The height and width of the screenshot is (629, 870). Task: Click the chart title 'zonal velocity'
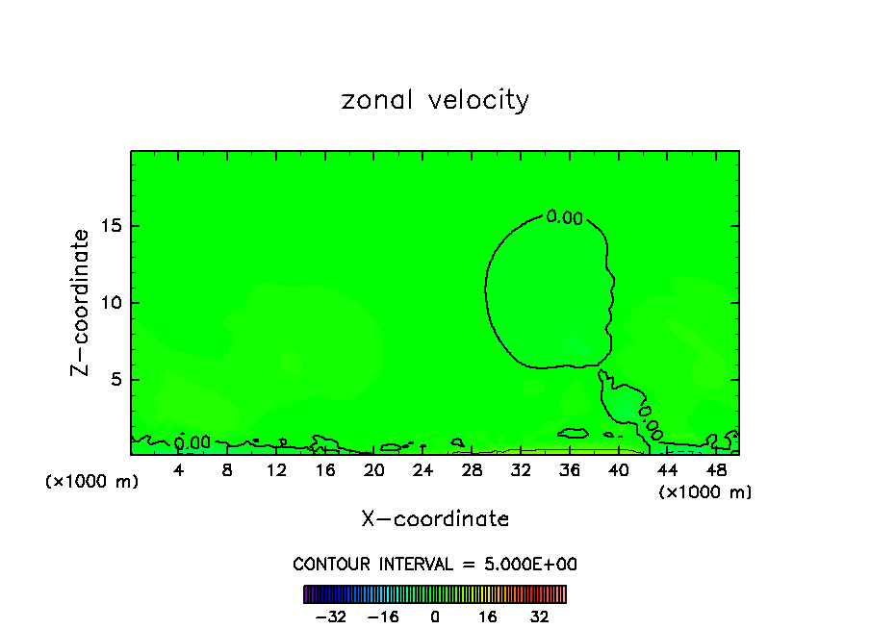tap(435, 101)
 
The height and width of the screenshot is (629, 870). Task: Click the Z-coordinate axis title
tap(81, 302)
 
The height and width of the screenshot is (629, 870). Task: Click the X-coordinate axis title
tap(435, 519)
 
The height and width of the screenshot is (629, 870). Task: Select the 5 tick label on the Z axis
tap(114, 380)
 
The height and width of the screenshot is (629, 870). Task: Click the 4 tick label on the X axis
tap(179, 470)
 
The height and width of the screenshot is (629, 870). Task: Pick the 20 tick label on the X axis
tap(373, 470)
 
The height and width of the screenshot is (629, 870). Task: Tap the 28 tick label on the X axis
tap(472, 470)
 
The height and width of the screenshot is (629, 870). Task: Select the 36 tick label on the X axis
tap(569, 470)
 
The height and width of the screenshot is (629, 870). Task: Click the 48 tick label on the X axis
tap(715, 470)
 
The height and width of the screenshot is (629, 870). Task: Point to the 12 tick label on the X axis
tap(276, 470)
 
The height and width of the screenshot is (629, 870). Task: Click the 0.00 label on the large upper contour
tap(565, 217)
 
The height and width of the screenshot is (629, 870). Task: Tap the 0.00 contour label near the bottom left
tap(192, 443)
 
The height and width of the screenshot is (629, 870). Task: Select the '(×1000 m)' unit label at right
tap(705, 492)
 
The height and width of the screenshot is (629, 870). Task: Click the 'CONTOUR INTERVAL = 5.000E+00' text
tap(435, 564)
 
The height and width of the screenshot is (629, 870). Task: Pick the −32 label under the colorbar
tap(330, 616)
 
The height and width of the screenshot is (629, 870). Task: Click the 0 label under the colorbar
tap(435, 616)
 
